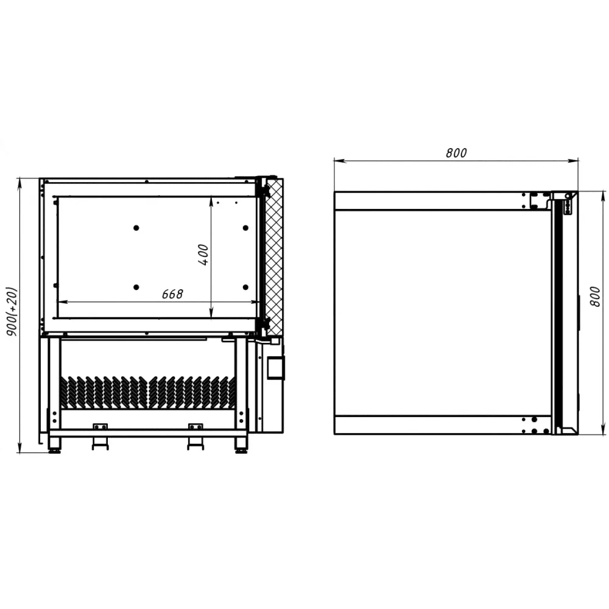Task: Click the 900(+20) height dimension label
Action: [x=12, y=312]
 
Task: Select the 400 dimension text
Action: [x=203, y=255]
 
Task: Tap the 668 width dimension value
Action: [x=172, y=294]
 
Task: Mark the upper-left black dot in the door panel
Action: [x=136, y=228]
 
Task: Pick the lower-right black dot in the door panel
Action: [x=245, y=287]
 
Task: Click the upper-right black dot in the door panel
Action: [x=245, y=228]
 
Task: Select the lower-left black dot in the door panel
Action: [x=136, y=287]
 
